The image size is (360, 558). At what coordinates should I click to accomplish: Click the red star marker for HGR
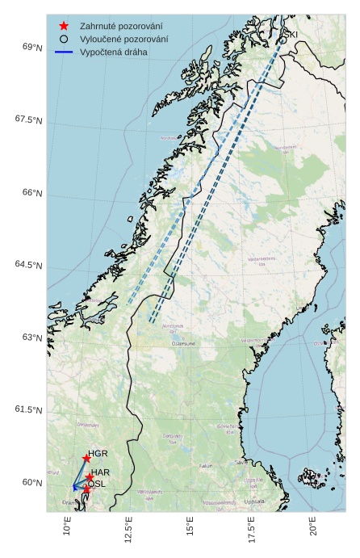86,459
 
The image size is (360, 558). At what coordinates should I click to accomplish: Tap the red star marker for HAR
89,477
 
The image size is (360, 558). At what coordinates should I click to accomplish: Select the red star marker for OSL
86,489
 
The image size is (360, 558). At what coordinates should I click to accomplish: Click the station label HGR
98,454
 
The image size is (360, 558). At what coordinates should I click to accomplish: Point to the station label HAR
101,472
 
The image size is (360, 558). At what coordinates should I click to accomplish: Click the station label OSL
97,484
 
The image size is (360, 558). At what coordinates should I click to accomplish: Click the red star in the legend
64,25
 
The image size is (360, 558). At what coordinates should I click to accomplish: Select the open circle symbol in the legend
64,39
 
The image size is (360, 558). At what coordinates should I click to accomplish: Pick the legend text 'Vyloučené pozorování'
123,39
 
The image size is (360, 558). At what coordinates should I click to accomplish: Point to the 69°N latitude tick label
32,48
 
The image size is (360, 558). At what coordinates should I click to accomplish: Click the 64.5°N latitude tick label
28,266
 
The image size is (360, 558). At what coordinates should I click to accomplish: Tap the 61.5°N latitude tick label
28,410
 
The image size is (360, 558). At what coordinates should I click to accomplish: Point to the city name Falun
207,466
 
